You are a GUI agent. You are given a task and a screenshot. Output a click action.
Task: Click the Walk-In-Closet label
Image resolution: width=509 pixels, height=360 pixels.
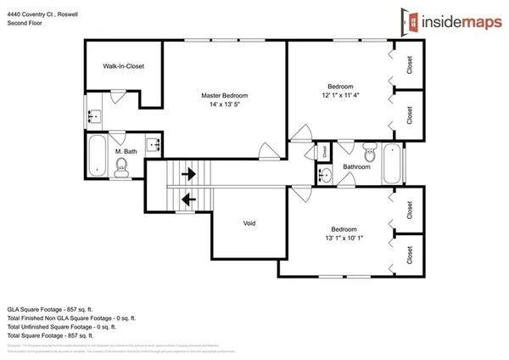pos(122,66)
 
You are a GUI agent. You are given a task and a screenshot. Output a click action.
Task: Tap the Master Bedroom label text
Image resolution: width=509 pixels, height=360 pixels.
pos(224,96)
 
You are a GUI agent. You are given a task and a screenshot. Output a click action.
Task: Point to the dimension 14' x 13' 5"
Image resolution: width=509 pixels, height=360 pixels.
pos(224,105)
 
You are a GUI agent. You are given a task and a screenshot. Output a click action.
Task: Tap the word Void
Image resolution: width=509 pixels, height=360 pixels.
pos(249,223)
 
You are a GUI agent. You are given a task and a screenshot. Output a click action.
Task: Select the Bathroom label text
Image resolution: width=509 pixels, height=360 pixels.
pos(356,167)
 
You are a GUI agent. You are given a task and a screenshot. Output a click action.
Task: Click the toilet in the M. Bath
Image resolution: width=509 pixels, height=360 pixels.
pos(122,166)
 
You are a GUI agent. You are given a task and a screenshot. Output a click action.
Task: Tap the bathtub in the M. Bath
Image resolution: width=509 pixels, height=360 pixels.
pos(98,155)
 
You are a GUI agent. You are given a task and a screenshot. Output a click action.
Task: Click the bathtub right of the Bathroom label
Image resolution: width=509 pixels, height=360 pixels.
pos(393,164)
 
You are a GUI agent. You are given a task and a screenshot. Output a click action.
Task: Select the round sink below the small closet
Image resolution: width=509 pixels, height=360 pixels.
pos(326,176)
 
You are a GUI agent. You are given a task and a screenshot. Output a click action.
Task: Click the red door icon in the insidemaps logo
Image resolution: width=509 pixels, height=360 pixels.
pos(413,23)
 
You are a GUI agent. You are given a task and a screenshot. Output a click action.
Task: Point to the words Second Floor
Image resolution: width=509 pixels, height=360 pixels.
pos(25,24)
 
